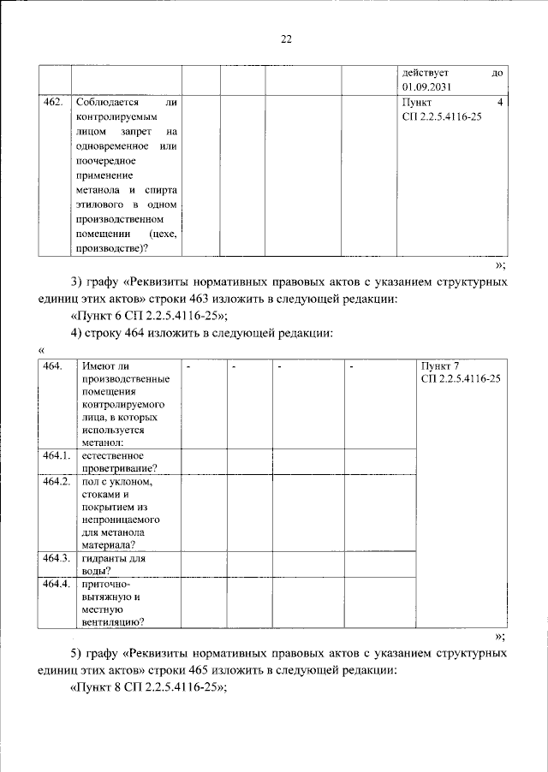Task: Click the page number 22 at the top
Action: [x=286, y=39]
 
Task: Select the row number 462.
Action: [x=52, y=103]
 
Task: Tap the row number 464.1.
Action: [x=56, y=455]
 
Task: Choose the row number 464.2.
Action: [x=56, y=483]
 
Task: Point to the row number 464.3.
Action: [x=56, y=558]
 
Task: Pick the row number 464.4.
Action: [x=56, y=584]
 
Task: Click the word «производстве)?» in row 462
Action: [x=110, y=247]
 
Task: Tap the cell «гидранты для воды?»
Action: [x=113, y=564]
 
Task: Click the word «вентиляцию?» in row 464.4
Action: [x=113, y=622]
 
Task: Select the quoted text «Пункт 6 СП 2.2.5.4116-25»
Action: [x=146, y=316]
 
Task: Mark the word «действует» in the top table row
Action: [x=426, y=73]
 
